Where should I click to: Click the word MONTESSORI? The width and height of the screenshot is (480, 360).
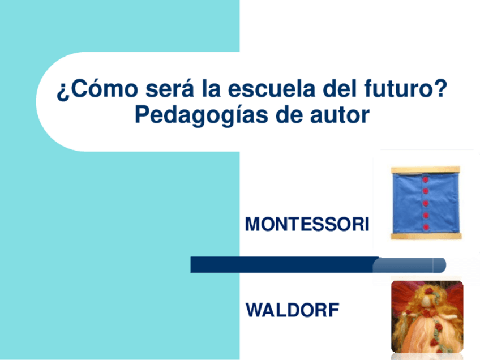(307, 225)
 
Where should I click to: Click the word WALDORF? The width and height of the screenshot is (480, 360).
(293, 310)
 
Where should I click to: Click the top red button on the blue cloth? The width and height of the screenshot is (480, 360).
(424, 180)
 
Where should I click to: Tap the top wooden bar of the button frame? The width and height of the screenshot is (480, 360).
(425, 169)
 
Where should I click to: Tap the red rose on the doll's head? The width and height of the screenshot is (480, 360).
(428, 292)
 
